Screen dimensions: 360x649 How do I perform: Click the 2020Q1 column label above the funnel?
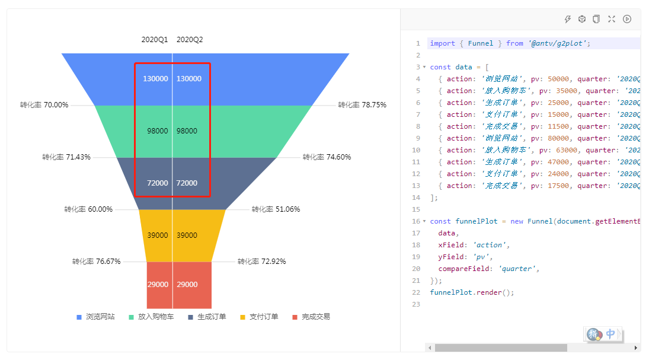[x=154, y=40]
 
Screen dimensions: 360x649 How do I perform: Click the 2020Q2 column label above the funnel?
[x=190, y=40]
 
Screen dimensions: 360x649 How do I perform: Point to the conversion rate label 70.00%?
[x=44, y=105]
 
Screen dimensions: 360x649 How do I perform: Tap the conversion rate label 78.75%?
[x=362, y=105]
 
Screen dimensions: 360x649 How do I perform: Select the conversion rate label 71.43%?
[x=66, y=157]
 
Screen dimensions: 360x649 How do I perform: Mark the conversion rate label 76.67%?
[x=96, y=262]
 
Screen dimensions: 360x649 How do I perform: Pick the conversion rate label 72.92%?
[x=261, y=262]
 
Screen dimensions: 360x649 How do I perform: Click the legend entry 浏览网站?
[x=100, y=317]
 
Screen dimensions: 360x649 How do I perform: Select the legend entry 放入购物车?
[x=156, y=317]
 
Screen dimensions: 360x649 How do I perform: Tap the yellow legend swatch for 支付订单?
[x=242, y=317]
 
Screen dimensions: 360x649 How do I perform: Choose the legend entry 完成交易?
[x=315, y=317]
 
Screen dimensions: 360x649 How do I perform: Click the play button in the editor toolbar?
[x=627, y=19]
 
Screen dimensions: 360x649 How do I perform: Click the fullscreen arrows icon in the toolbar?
[x=612, y=19]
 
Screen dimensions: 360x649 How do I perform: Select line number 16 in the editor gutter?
[x=417, y=221]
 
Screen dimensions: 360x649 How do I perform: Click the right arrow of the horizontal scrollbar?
[x=636, y=348]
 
